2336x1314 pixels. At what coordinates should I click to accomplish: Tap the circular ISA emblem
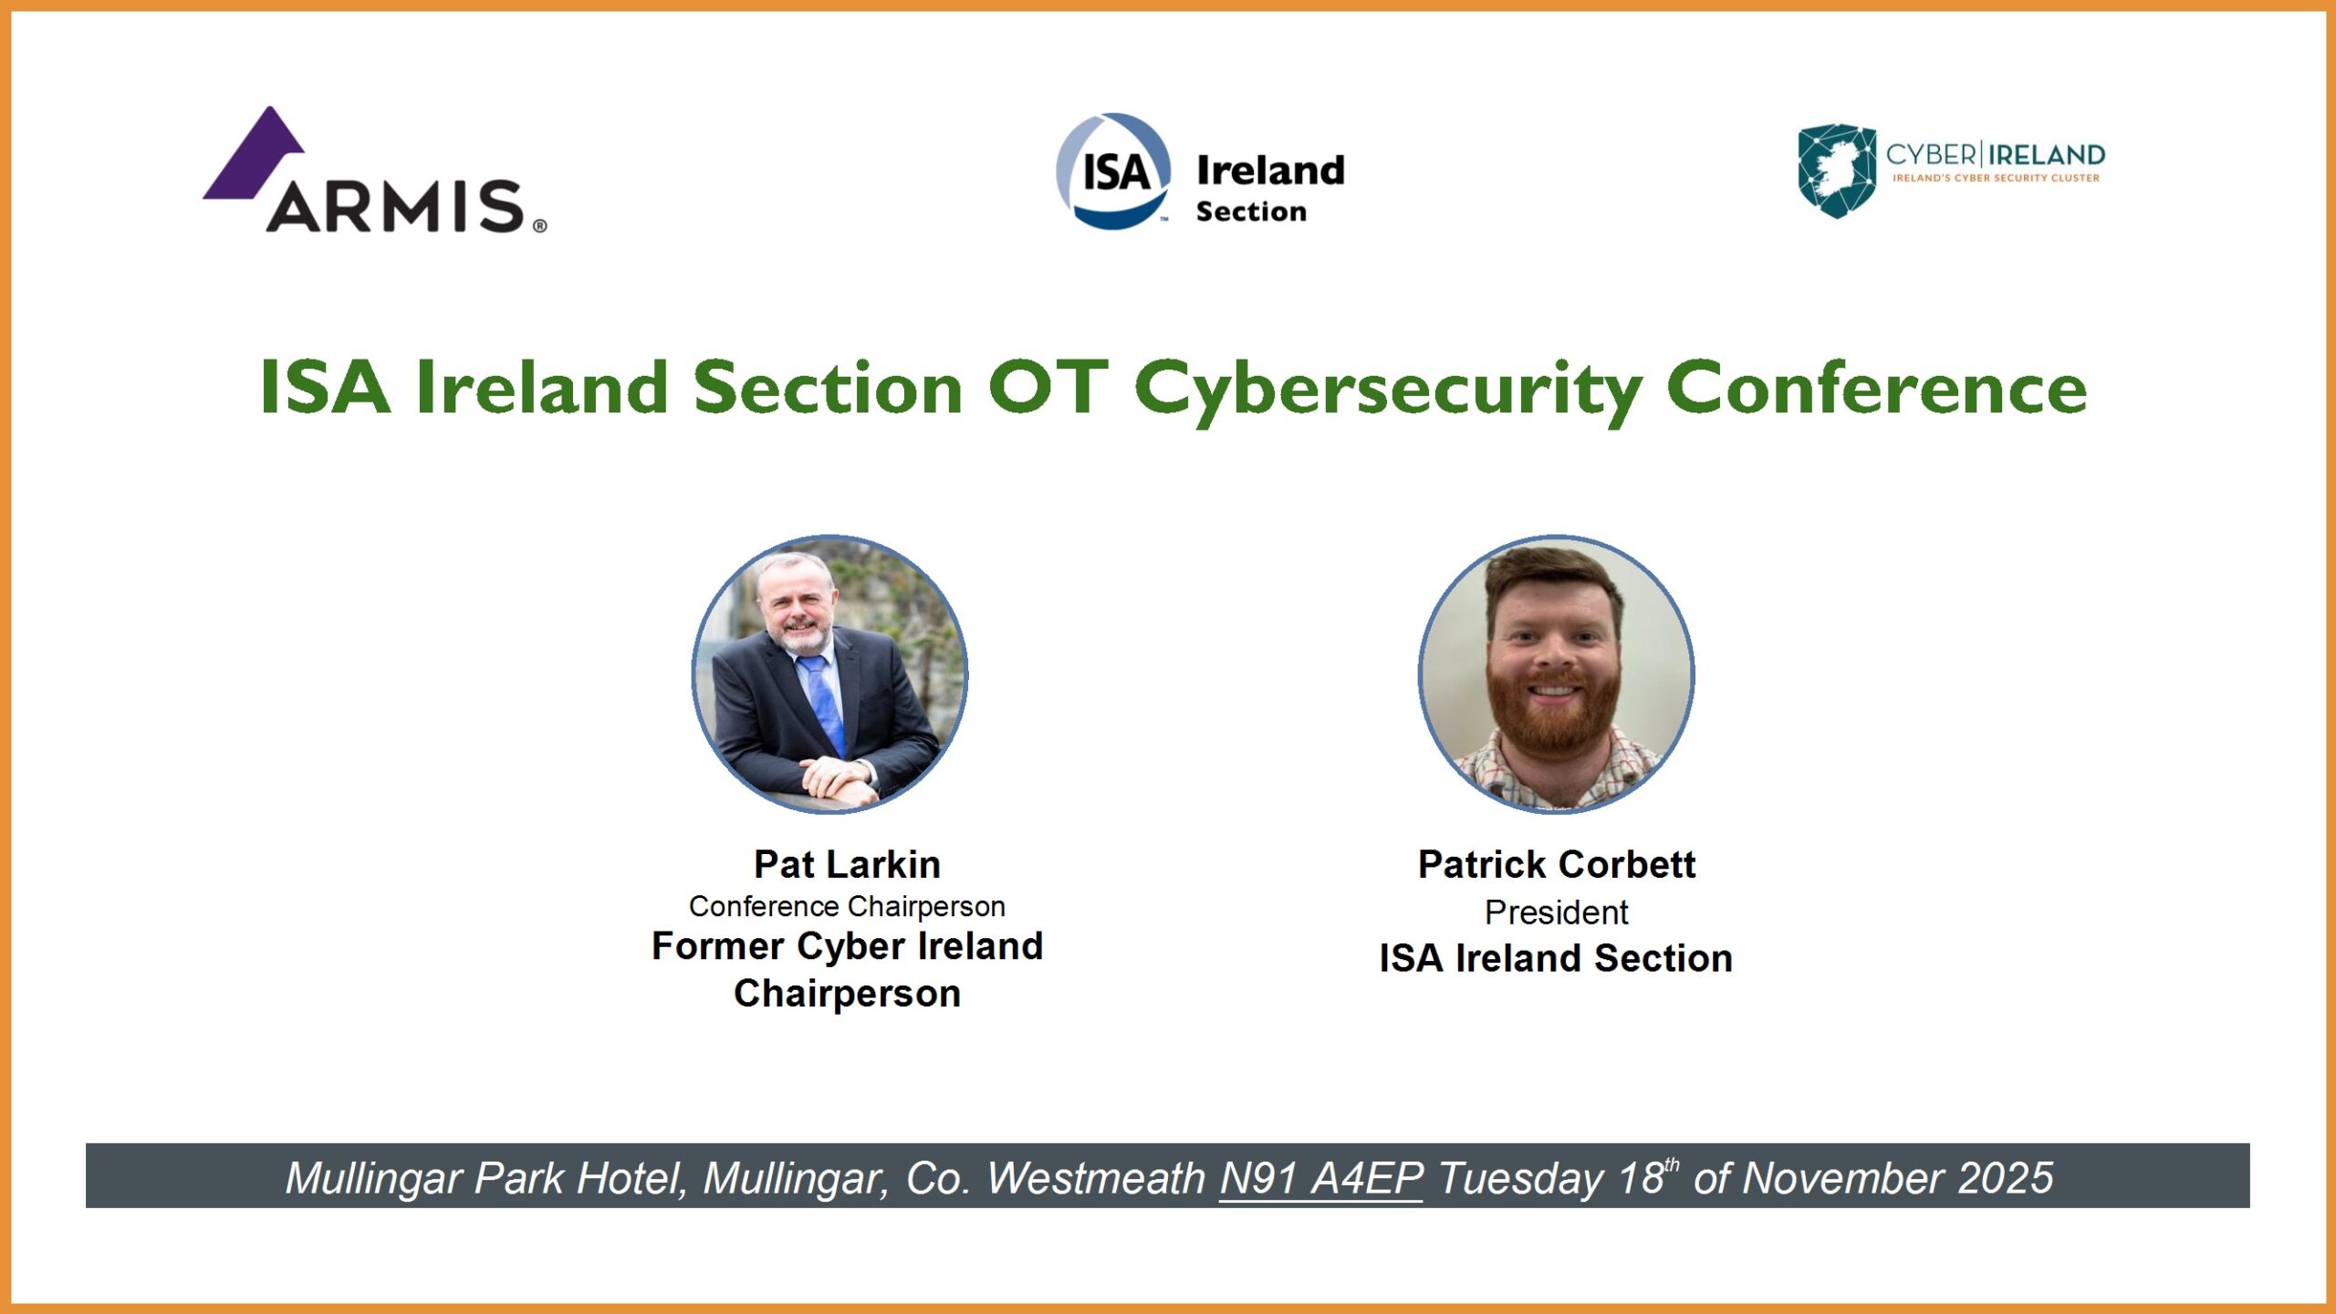[x=1113, y=171]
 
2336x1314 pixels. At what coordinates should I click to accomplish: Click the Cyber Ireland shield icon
[x=1836, y=171]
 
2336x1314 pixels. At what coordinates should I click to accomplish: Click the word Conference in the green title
[x=1877, y=387]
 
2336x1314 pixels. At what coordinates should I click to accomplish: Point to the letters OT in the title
[x=1048, y=387]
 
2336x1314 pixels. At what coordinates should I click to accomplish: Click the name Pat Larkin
[x=847, y=864]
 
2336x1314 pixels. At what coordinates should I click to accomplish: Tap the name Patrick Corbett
[x=1557, y=864]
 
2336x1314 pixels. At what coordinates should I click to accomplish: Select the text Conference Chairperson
[x=847, y=906]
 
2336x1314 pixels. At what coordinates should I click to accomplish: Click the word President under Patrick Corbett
[x=1557, y=912]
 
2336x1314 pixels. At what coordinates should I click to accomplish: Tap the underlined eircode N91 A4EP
[x=1321, y=1178]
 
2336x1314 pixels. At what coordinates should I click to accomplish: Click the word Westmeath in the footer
[x=1096, y=1178]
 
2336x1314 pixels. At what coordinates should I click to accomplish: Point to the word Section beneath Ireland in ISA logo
[x=1251, y=212]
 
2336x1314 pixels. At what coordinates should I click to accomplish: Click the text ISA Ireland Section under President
[x=1556, y=958]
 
